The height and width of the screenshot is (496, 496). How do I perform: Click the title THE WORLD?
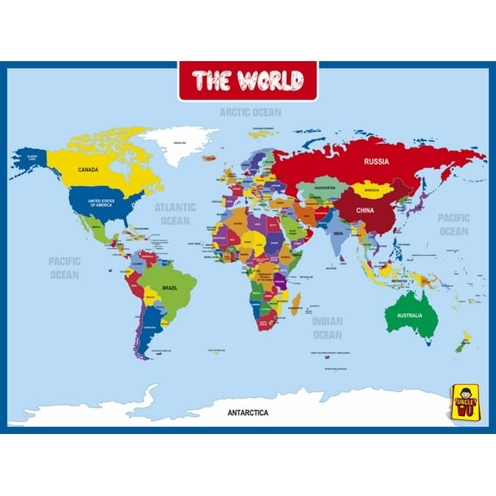click(x=247, y=81)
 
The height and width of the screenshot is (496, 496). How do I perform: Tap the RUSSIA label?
click(x=376, y=161)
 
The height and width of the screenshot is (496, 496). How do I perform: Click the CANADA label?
click(x=88, y=170)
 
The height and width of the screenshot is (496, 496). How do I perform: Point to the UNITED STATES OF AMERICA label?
click(x=101, y=203)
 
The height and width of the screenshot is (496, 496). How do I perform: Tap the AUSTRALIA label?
click(x=410, y=315)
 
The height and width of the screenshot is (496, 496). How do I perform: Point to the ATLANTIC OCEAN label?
click(x=175, y=214)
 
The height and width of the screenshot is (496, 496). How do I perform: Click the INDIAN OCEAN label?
click(x=327, y=328)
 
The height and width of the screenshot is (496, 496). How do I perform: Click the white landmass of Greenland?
click(x=182, y=146)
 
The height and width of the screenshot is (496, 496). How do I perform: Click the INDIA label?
click(x=338, y=232)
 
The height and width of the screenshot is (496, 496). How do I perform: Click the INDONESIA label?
click(x=400, y=282)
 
